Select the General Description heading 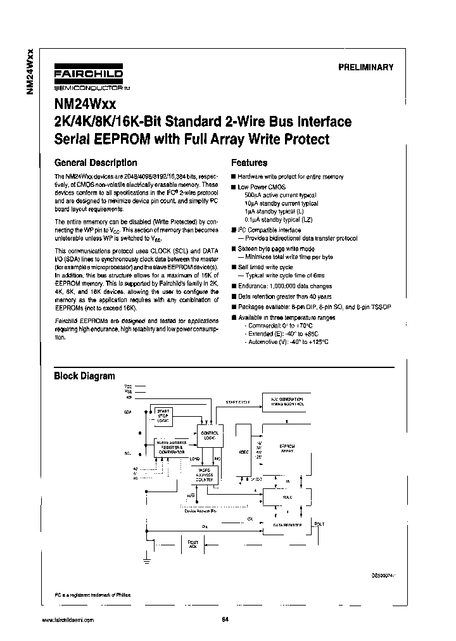(x=96, y=162)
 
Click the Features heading (x=249, y=163)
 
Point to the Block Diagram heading (x=84, y=376)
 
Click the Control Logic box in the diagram (x=208, y=435)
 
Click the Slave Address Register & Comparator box (x=172, y=448)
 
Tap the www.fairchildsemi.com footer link (x=68, y=619)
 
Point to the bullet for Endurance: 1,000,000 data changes (x=233, y=286)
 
